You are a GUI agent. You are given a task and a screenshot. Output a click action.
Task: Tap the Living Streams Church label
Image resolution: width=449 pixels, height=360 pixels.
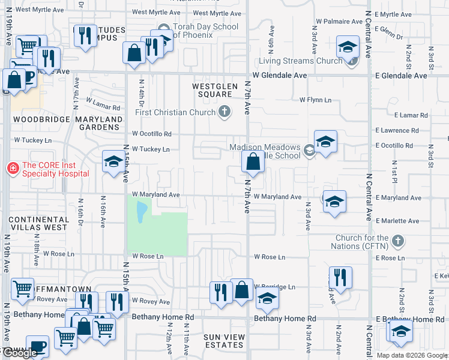tap(301, 61)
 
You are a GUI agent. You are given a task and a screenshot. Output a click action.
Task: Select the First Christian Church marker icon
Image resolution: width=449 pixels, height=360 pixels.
tap(224, 111)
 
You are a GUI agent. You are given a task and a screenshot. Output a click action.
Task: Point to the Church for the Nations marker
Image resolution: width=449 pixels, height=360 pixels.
tap(397, 242)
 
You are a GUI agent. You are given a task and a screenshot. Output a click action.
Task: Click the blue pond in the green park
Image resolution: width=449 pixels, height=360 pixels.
tap(140, 212)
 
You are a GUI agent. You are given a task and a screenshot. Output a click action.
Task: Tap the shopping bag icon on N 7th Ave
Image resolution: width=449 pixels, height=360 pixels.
tap(253, 162)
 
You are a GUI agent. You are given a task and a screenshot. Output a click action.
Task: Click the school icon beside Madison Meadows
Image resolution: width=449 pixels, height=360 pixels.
tap(325, 142)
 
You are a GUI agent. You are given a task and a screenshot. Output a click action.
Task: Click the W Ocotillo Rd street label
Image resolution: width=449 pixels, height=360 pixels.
tap(152, 134)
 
